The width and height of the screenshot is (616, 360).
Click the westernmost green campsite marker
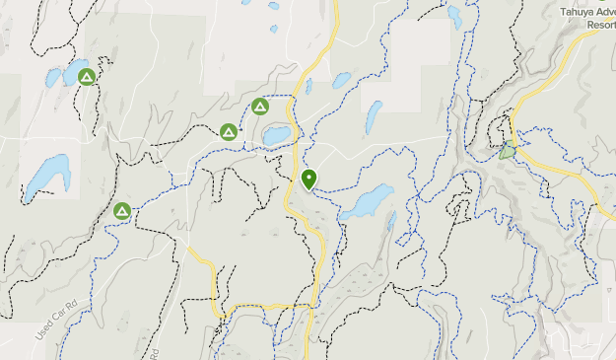[87, 77]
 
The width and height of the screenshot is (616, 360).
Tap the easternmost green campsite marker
[260, 107]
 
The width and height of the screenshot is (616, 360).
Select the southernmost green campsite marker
[122, 211]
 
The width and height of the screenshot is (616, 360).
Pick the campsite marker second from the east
[229, 131]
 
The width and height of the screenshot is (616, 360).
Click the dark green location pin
[309, 179]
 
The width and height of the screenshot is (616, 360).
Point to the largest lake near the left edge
[46, 175]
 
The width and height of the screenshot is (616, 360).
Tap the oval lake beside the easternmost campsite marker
[275, 133]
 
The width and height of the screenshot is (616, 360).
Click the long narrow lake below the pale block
[375, 117]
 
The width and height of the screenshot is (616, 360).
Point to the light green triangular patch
[507, 151]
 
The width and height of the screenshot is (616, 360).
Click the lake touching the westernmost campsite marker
[72, 72]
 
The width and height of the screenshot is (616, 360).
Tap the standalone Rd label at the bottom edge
[158, 353]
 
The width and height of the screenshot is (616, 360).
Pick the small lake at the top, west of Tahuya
[454, 16]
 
